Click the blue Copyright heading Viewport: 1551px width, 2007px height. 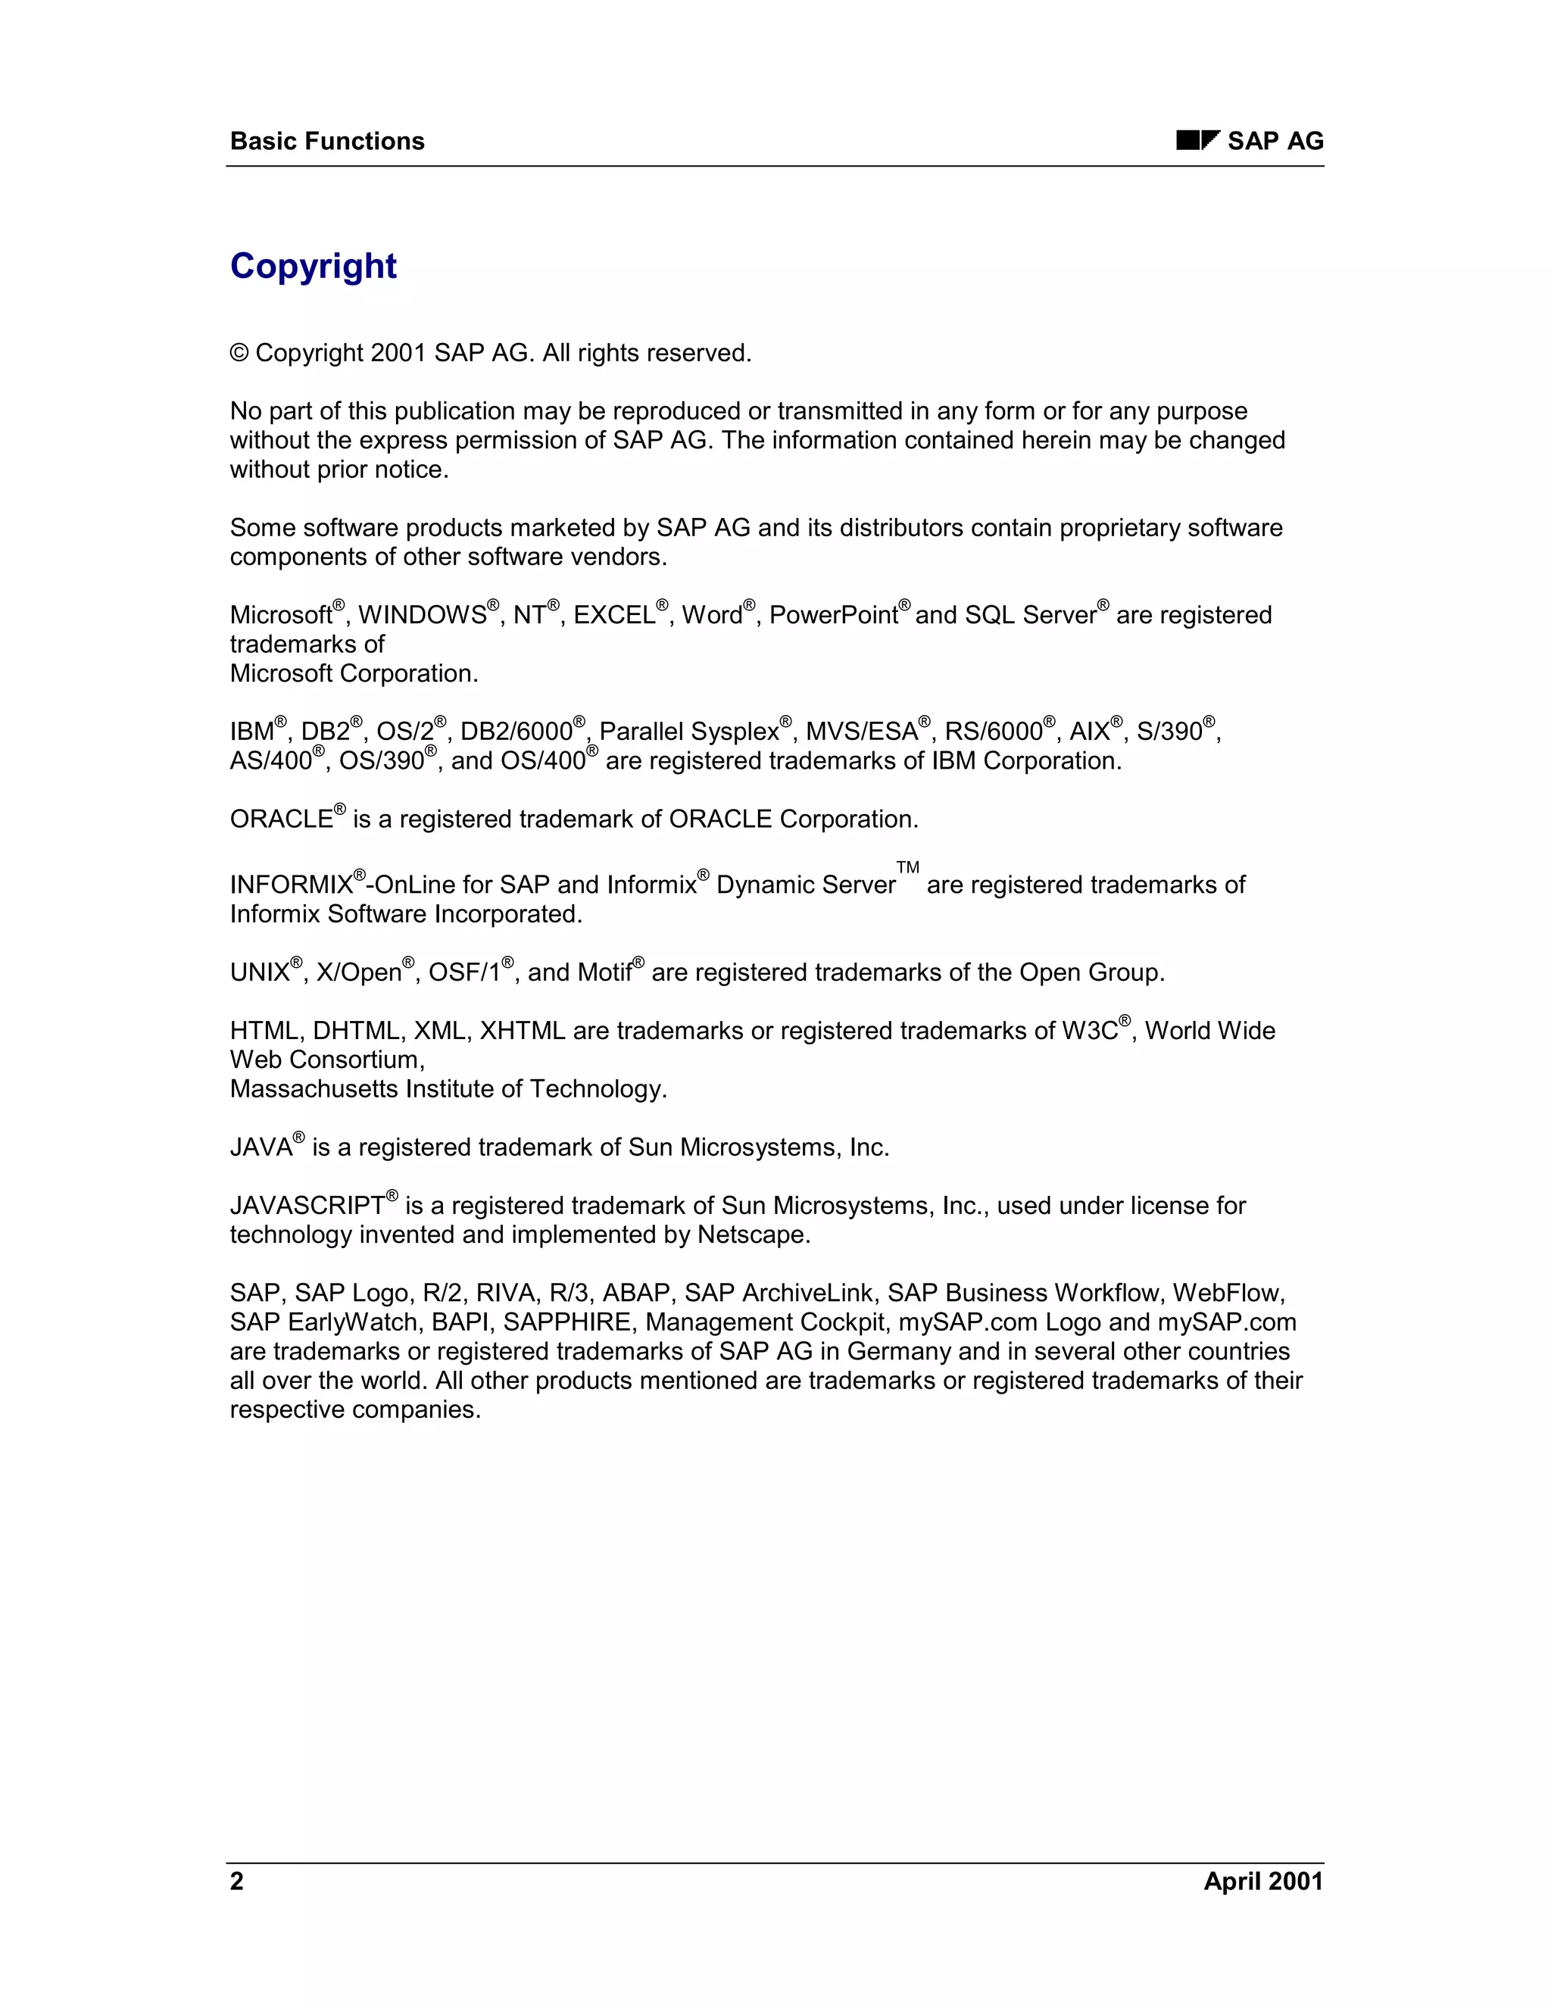coord(314,267)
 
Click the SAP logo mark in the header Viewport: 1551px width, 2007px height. coord(1197,141)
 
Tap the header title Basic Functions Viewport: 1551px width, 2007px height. coord(327,142)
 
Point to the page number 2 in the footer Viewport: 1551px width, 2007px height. coord(237,1881)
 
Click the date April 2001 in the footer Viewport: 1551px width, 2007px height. coord(1263,1881)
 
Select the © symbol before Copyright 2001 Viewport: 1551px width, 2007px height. coord(239,354)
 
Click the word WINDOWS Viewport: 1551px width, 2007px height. coord(422,616)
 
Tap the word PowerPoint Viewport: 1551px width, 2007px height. coord(832,616)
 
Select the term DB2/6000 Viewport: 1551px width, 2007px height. coord(516,732)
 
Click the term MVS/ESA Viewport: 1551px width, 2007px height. coord(861,732)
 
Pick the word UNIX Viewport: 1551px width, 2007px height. coord(260,973)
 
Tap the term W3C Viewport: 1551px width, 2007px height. coord(1090,1031)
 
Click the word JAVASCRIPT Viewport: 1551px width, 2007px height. coord(307,1206)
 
